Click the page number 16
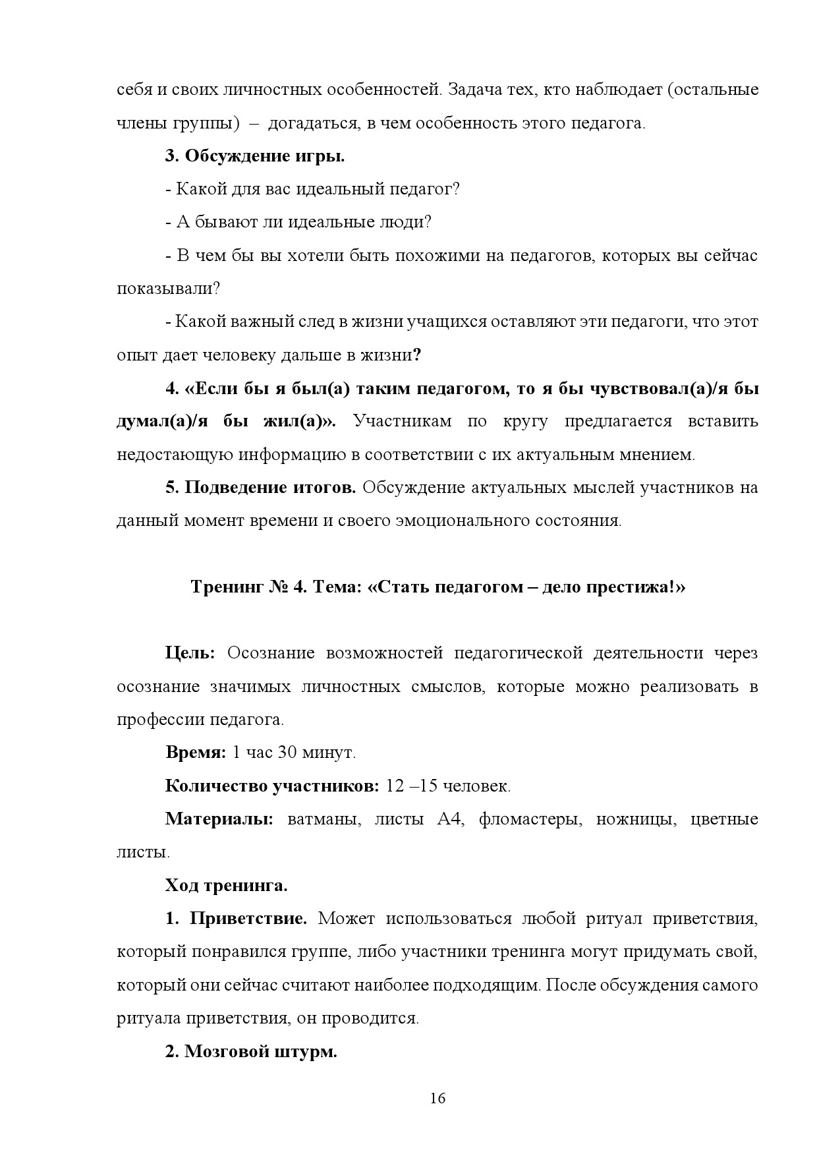437,1098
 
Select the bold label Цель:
190,653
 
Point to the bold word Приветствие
248,918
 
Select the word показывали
167,289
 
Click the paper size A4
449,819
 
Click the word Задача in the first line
474,90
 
